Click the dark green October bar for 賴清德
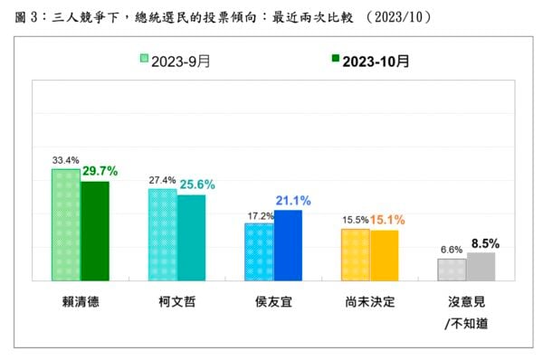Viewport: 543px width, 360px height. click(x=94, y=231)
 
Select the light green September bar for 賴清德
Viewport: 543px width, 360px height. click(x=66, y=224)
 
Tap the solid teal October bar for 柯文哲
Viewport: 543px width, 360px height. click(x=191, y=238)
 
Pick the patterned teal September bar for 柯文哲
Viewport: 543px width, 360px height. click(x=163, y=234)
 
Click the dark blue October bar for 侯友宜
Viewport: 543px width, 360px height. click(x=288, y=245)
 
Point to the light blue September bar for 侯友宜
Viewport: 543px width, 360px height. click(x=259, y=252)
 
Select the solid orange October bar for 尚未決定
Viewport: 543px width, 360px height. click(x=385, y=255)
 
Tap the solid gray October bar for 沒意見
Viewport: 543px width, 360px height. click(x=481, y=267)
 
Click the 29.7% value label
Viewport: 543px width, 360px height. click(x=100, y=171)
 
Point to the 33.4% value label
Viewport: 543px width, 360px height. click(x=66, y=160)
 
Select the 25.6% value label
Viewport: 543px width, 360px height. click(x=197, y=185)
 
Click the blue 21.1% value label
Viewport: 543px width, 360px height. click(x=293, y=201)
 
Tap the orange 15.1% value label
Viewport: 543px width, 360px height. click(x=387, y=220)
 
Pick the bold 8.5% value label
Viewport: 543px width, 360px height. click(x=485, y=243)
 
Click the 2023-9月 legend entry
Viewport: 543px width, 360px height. click(x=176, y=62)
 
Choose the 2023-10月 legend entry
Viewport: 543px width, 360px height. click(x=370, y=62)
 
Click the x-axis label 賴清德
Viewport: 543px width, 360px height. click(x=81, y=302)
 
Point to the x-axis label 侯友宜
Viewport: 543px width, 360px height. click(x=273, y=302)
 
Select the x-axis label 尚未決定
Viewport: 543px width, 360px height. click(x=370, y=302)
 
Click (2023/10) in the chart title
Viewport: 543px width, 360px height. click(x=399, y=16)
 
